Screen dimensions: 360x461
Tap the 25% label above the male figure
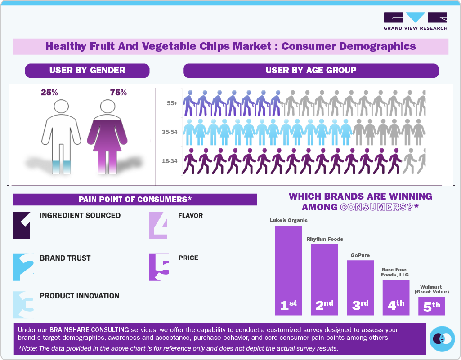pos(49,93)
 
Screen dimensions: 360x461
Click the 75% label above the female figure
pos(118,93)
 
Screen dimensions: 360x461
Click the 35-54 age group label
pos(169,132)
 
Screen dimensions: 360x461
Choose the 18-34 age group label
pos(169,160)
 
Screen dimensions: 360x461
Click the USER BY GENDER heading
pos(87,71)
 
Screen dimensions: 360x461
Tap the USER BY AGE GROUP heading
pos(311,71)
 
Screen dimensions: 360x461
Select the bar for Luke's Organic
pos(288,270)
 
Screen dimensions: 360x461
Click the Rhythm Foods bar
pos(324,279)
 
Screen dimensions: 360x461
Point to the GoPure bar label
pos(360,255)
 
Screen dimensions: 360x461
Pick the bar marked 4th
pos(396,297)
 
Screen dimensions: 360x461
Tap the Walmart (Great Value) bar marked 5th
pos(431,306)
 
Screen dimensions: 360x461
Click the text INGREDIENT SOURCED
pos(80,215)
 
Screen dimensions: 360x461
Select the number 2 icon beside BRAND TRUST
pos(23,267)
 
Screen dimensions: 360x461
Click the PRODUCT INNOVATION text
pos(80,296)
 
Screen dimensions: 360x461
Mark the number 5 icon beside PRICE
pos(159,267)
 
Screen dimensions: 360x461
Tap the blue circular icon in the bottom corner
pos(442,338)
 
